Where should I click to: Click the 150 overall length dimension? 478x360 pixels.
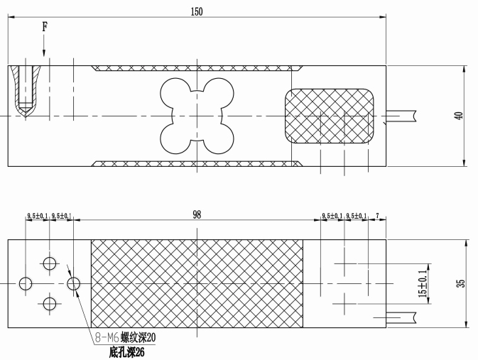coord(197,11)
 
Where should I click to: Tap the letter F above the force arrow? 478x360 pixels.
coord(45,27)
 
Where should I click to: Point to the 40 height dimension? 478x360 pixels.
coord(459,116)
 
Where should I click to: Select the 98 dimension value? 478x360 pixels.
coord(197,214)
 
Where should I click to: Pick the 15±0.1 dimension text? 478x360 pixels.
coord(423,283)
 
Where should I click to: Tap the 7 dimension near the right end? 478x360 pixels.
coord(377,216)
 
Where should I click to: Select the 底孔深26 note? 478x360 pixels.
coord(127,352)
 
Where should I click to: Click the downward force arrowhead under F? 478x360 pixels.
coord(44,53)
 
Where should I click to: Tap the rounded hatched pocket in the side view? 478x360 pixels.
coord(330,116)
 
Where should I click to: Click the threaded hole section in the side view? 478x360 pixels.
coord(26,92)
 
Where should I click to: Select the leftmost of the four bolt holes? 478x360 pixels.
coord(26,283)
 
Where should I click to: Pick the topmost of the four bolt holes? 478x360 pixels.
coord(50,263)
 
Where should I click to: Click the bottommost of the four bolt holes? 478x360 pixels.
coord(50,304)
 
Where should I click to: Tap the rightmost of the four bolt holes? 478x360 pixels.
coord(73,283)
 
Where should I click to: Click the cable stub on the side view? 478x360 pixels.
coord(401,116)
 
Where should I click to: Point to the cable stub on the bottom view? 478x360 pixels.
coord(401,317)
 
